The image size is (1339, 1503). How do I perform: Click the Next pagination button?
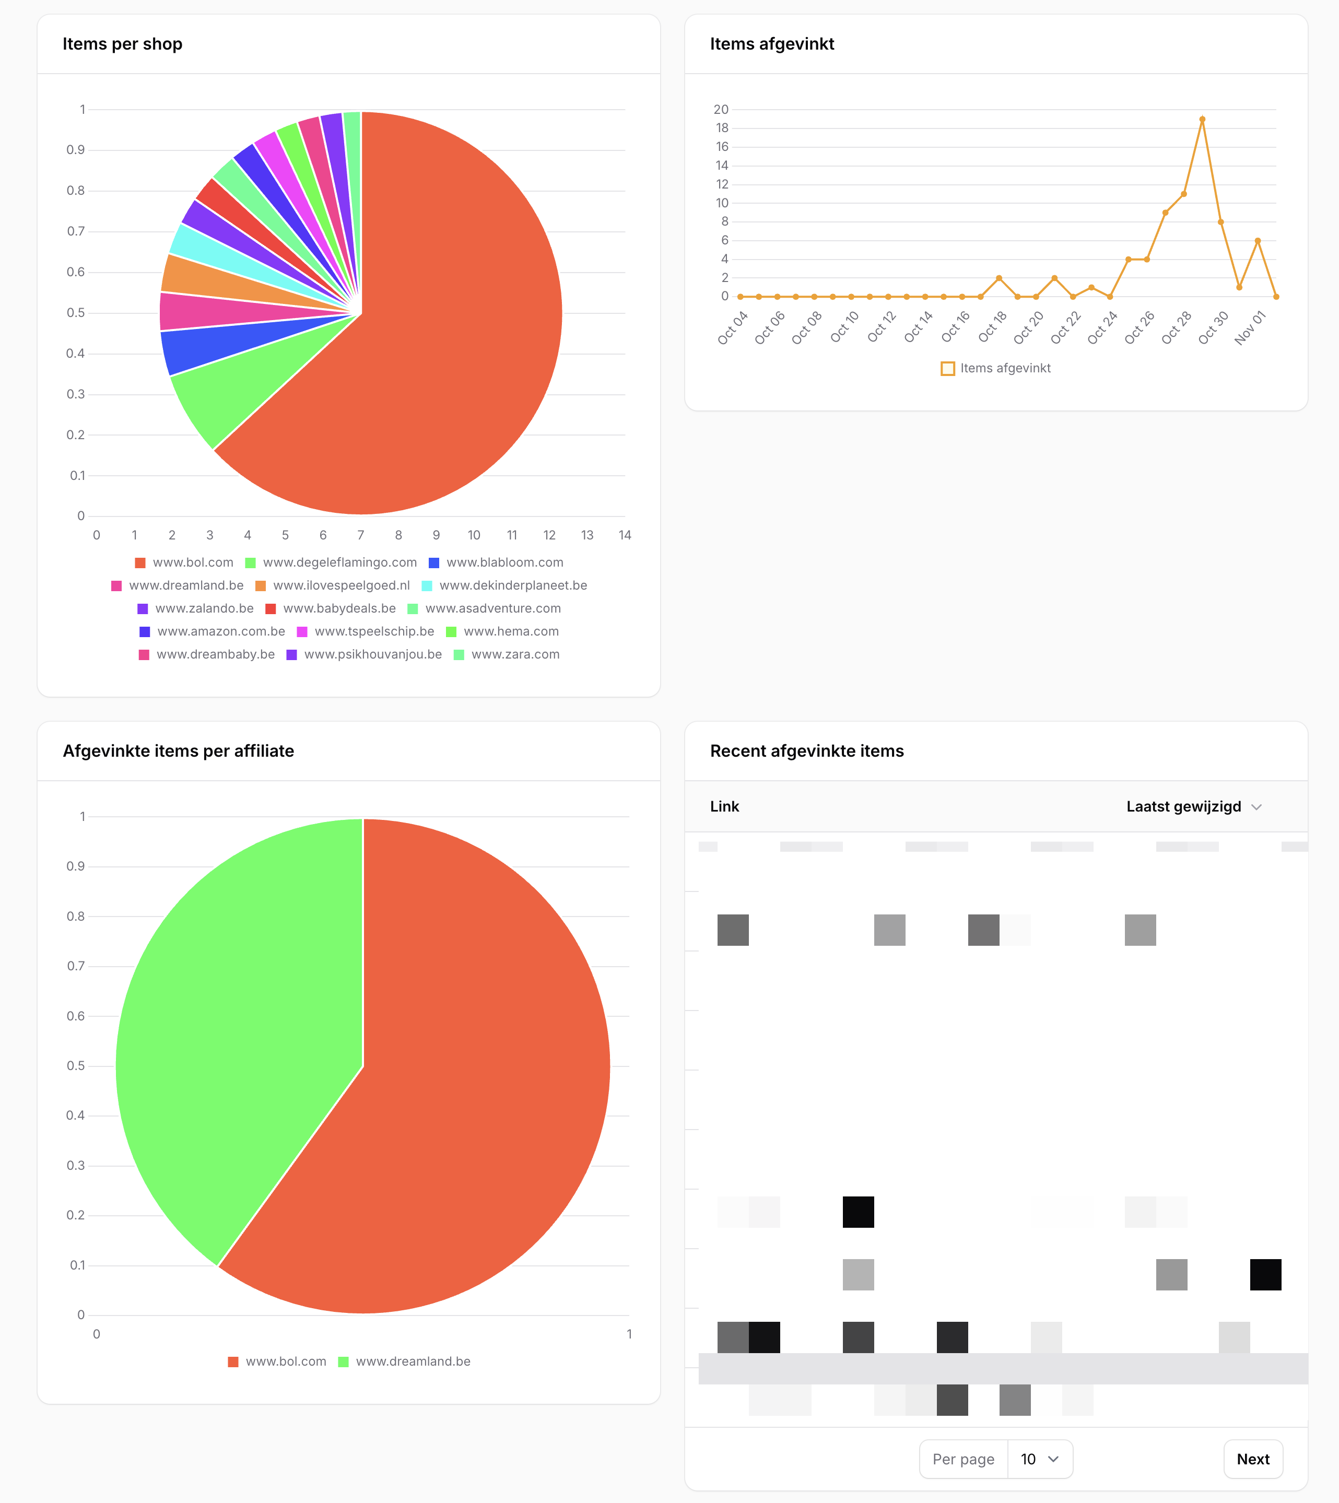tap(1252, 1459)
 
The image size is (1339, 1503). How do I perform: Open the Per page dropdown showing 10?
tap(1039, 1459)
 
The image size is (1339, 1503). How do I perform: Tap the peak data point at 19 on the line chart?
tap(1202, 119)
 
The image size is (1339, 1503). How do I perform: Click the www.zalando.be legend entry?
tap(196, 608)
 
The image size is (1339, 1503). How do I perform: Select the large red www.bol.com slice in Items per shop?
tap(441, 331)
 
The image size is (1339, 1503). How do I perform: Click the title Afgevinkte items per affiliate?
tap(178, 750)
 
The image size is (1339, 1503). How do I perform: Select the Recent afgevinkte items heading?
tap(806, 750)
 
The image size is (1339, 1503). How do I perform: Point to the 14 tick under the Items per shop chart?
tap(625, 535)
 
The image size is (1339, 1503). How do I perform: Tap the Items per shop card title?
tap(122, 44)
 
